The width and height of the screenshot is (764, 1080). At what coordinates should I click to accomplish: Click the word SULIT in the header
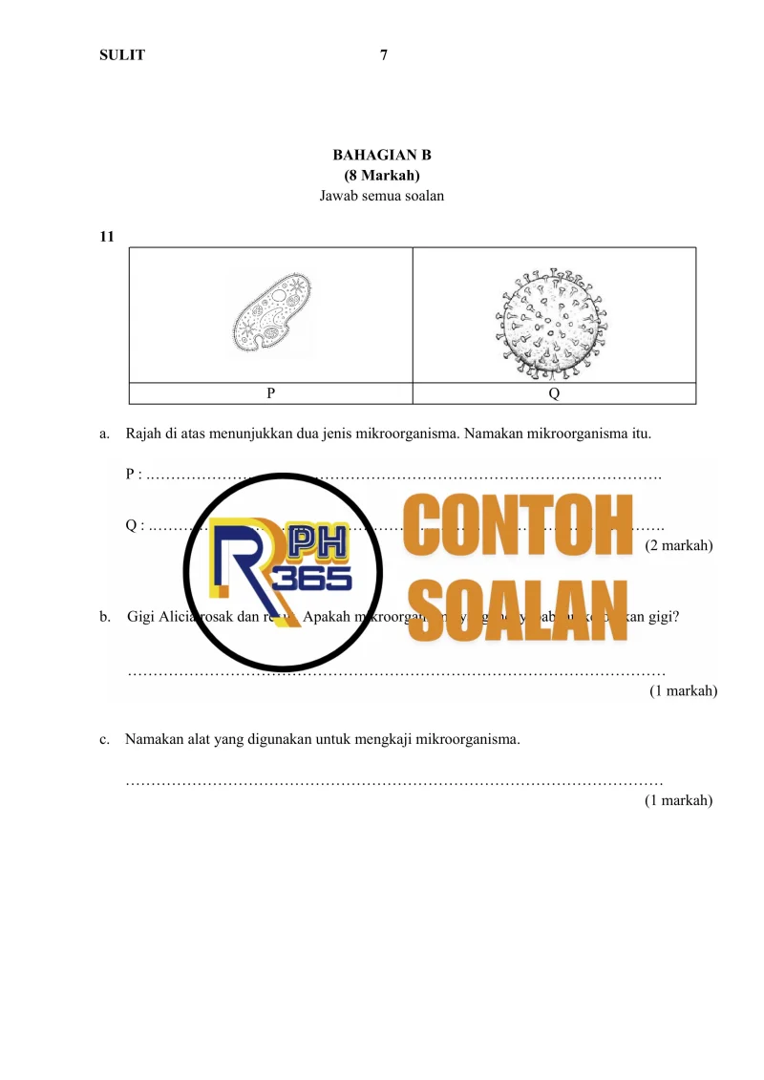[x=122, y=54]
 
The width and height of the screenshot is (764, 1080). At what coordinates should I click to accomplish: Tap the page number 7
[x=383, y=54]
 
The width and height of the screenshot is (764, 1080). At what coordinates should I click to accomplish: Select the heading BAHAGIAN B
[x=382, y=155]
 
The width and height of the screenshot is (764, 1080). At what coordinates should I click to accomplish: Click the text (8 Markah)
[x=382, y=176]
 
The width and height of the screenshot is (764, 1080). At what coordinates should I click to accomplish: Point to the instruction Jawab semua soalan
[x=382, y=197]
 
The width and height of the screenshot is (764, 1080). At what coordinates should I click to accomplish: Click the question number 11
[x=107, y=237]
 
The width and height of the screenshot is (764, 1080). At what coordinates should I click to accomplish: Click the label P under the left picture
[x=271, y=392]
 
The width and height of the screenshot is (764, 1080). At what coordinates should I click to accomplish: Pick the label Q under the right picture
[x=554, y=392]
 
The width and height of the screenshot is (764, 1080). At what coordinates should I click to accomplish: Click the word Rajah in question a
[x=143, y=434]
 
